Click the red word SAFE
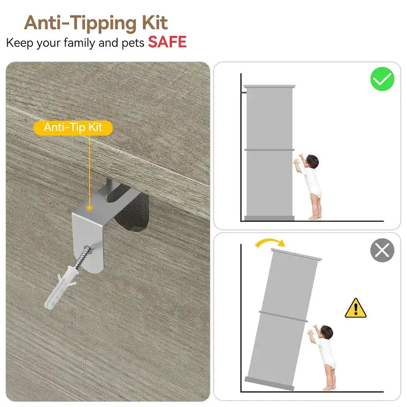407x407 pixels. (167, 42)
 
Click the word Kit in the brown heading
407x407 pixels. (155, 23)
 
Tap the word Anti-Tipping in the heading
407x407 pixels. (80, 24)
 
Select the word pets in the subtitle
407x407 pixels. (133, 43)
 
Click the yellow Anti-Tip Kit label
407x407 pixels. (73, 128)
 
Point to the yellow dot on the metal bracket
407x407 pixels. (90, 208)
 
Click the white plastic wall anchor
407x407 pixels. (61, 287)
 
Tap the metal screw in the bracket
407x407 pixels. (82, 256)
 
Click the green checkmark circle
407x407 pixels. (382, 79)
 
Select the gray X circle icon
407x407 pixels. (382, 250)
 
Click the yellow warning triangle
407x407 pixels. (355, 308)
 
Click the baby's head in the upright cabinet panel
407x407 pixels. (312, 161)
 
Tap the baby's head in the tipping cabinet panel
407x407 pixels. (326, 332)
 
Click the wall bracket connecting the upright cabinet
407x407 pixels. (244, 92)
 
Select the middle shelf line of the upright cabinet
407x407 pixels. (269, 150)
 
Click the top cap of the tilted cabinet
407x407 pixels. (296, 254)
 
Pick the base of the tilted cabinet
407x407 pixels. (270, 384)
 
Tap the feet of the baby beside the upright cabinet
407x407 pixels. (314, 217)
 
